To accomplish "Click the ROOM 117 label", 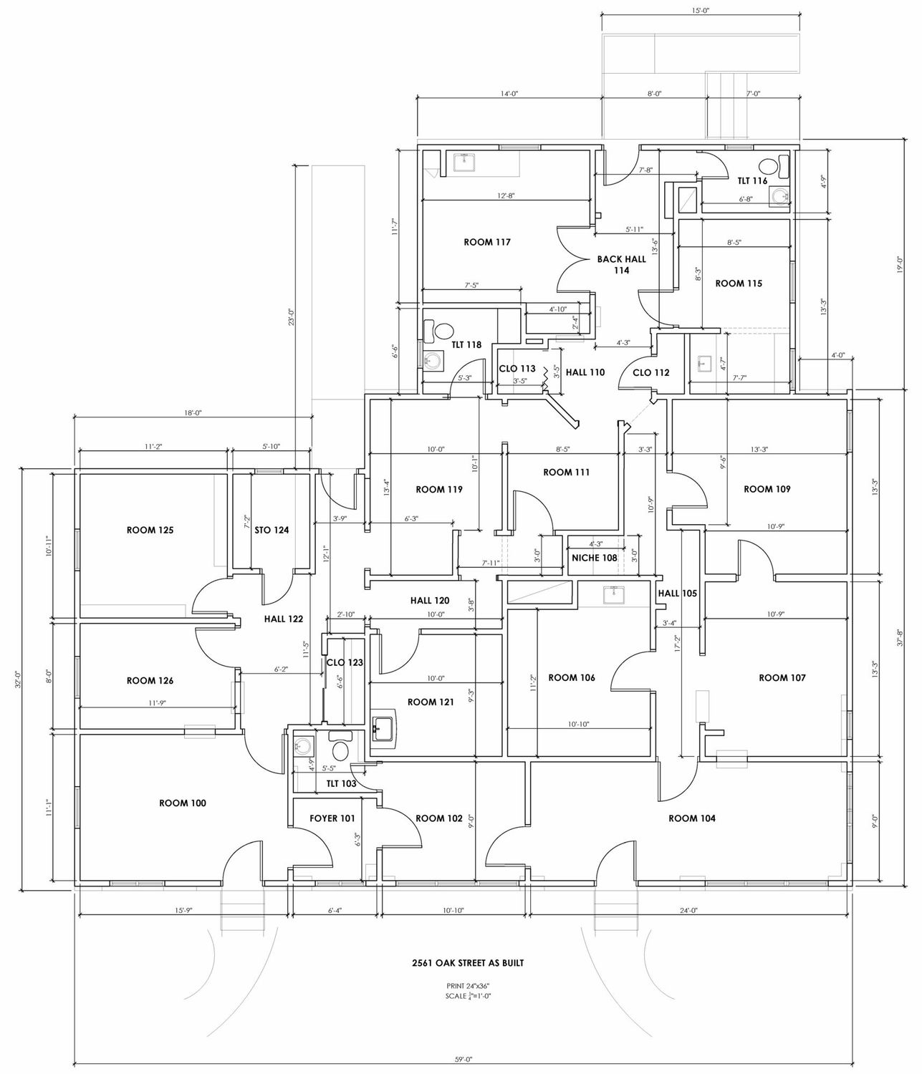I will click(487, 242).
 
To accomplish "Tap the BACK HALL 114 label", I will click(621, 265).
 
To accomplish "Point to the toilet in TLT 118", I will click(444, 331).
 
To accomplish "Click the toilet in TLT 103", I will click(340, 750).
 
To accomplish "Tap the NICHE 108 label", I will click(595, 558).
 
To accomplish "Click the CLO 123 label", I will click(345, 662).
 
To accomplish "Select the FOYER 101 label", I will click(332, 818).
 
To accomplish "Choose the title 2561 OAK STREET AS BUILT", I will click(463, 963).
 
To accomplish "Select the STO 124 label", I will click(272, 530).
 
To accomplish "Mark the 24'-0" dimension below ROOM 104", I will click(689, 910).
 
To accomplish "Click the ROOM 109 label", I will click(767, 489).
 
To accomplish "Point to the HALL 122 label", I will click(283, 619).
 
